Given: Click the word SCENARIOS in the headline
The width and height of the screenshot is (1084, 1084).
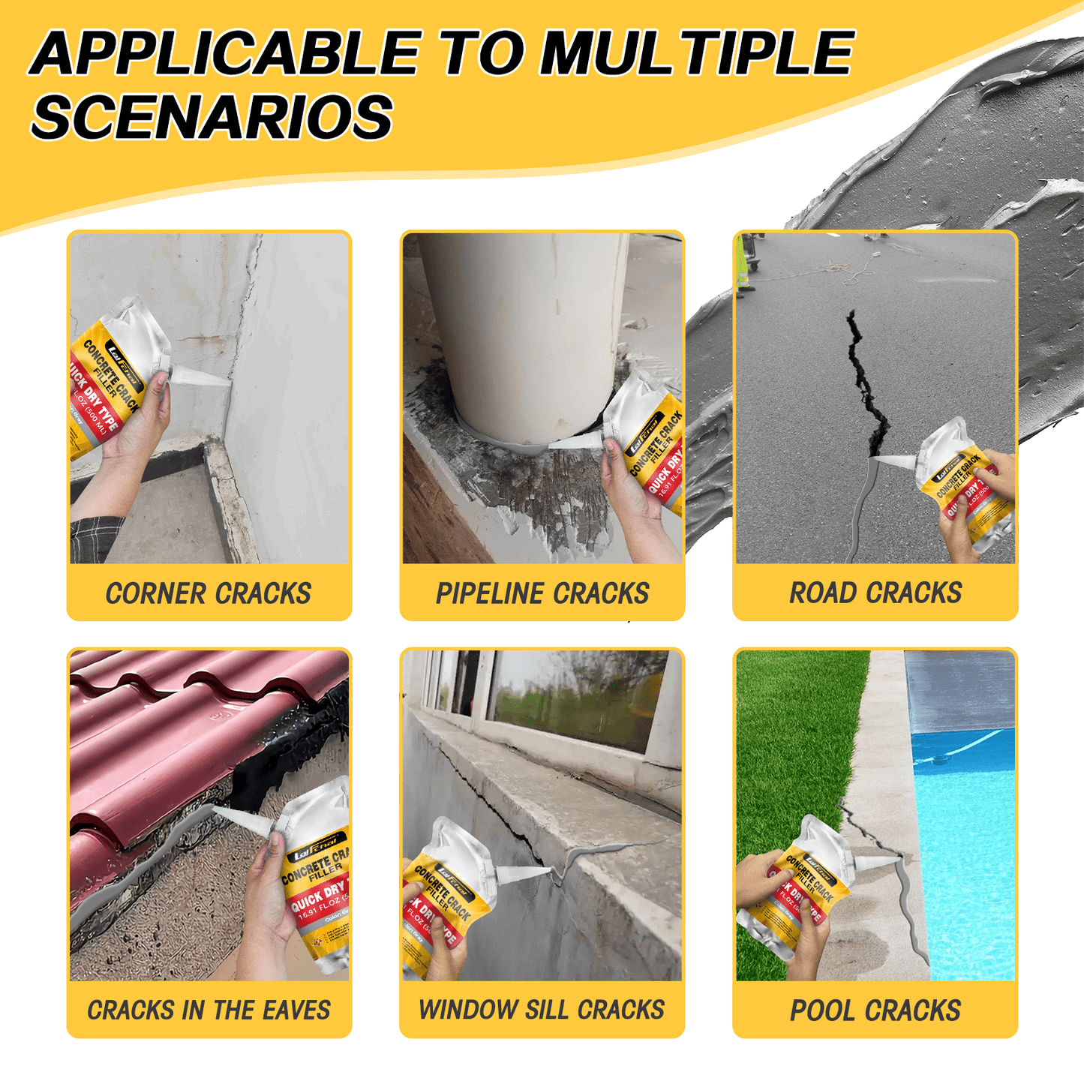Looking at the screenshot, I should tap(212, 117).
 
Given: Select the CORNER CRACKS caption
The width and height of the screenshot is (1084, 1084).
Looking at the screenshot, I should tap(209, 593).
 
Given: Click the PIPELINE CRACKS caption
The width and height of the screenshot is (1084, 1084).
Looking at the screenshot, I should tap(542, 593).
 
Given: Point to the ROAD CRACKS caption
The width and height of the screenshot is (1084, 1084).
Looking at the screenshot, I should tap(875, 593).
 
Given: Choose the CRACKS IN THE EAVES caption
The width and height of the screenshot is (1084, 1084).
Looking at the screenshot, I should tap(209, 1010).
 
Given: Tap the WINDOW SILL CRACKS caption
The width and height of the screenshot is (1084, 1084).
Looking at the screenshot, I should tap(542, 1010).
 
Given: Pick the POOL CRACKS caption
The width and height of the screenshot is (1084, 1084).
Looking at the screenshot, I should tap(875, 1010).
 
